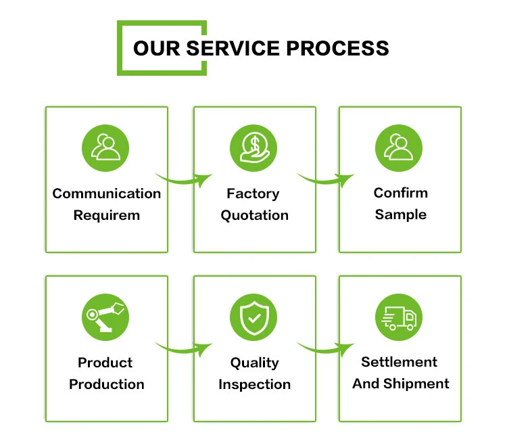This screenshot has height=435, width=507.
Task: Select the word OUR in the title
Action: pyautogui.click(x=157, y=49)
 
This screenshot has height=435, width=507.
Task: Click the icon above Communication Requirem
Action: pyautogui.click(x=106, y=147)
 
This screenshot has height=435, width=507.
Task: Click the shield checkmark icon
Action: pyautogui.click(x=254, y=317)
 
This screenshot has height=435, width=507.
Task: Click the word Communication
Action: pyautogui.click(x=107, y=193)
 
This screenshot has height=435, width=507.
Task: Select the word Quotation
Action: pyautogui.click(x=255, y=215)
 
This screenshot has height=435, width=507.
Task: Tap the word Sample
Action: pyautogui.click(x=401, y=214)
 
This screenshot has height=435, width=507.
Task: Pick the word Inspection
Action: pyautogui.click(x=255, y=384)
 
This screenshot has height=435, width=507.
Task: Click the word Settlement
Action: pyautogui.click(x=400, y=362)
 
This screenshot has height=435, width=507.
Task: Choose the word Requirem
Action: pyautogui.click(x=107, y=215)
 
